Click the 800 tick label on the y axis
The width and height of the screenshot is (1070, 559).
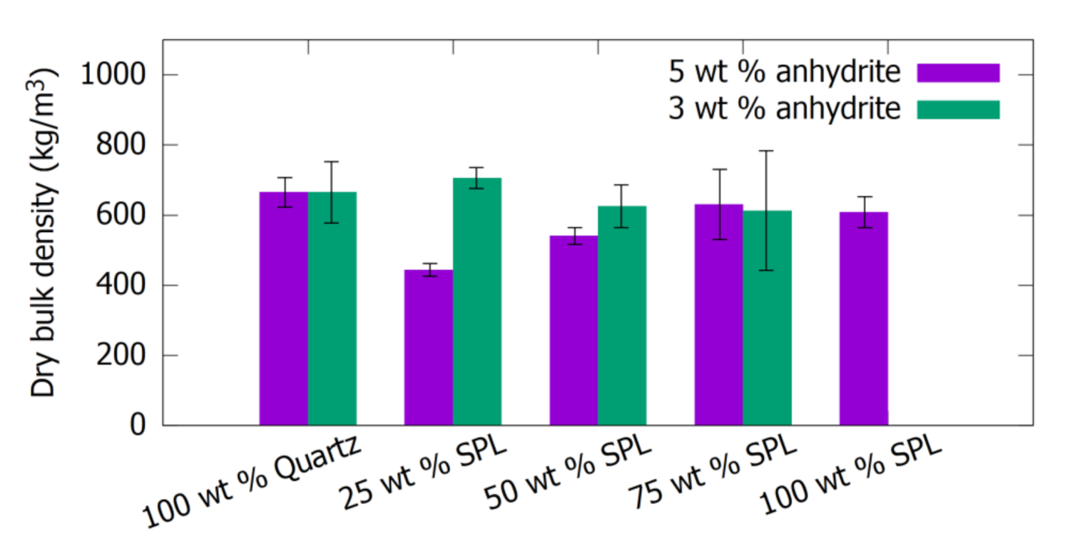point(121,145)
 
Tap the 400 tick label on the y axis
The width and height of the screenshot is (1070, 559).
point(121,286)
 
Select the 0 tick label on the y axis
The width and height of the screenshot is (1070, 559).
point(138,426)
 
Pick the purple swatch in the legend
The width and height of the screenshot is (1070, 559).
point(958,73)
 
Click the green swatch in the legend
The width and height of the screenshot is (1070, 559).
point(958,109)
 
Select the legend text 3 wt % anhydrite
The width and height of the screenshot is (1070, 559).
point(783,109)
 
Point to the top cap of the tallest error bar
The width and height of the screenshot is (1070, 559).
point(767,151)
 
